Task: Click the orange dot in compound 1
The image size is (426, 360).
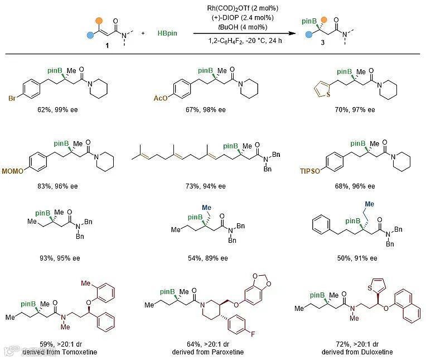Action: click(98, 21)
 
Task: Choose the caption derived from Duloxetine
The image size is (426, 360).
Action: click(357, 352)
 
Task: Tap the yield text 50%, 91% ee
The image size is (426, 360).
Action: click(357, 257)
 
